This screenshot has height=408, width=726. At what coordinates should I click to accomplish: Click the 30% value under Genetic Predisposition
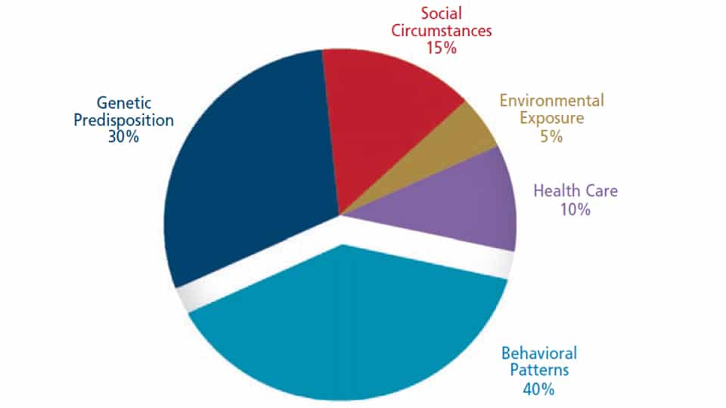123,138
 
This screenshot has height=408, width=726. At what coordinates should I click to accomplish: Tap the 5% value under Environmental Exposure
553,137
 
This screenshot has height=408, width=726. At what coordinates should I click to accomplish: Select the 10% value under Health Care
575,210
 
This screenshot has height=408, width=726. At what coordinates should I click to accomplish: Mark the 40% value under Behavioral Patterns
538,390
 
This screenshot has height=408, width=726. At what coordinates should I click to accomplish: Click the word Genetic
124,102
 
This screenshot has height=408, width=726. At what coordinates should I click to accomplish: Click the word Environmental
552,100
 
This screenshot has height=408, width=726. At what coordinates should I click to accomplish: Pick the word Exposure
553,119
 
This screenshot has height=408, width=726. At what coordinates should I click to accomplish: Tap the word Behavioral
538,353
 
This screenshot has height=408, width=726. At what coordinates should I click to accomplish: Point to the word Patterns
538,371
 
